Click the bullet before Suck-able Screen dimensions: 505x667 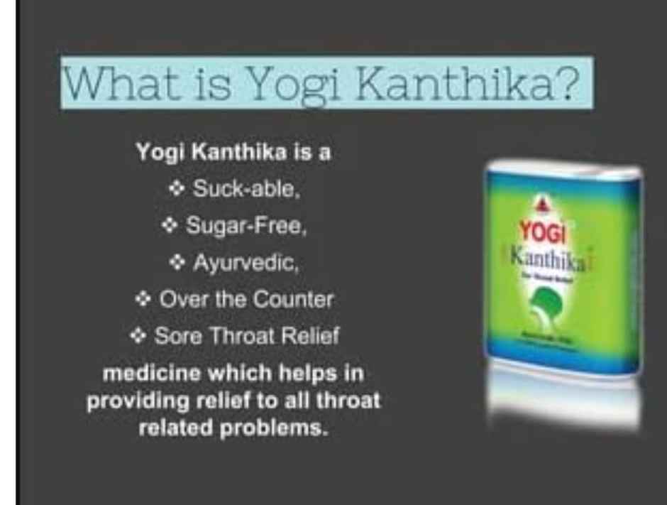(x=177, y=189)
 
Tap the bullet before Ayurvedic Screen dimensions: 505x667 (x=177, y=263)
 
